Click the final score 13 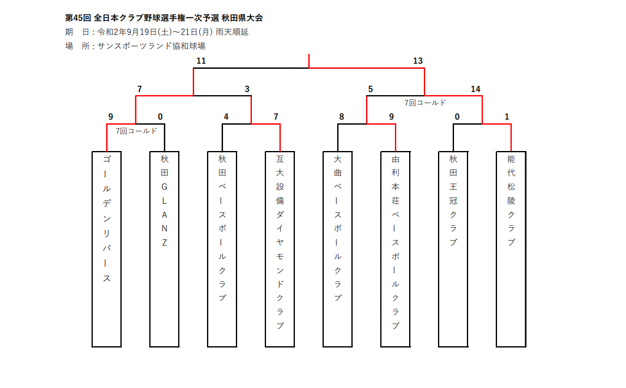coord(418,61)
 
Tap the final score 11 coord(201,61)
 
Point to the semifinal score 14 coord(475,89)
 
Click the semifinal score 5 coord(370,89)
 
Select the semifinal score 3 coord(247,89)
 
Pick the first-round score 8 coord(342,117)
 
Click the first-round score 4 coord(226,117)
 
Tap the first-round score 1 coord(507,117)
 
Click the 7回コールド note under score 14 coord(425,103)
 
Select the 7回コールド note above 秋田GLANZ coord(136,131)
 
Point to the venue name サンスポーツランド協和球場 coord(152,46)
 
